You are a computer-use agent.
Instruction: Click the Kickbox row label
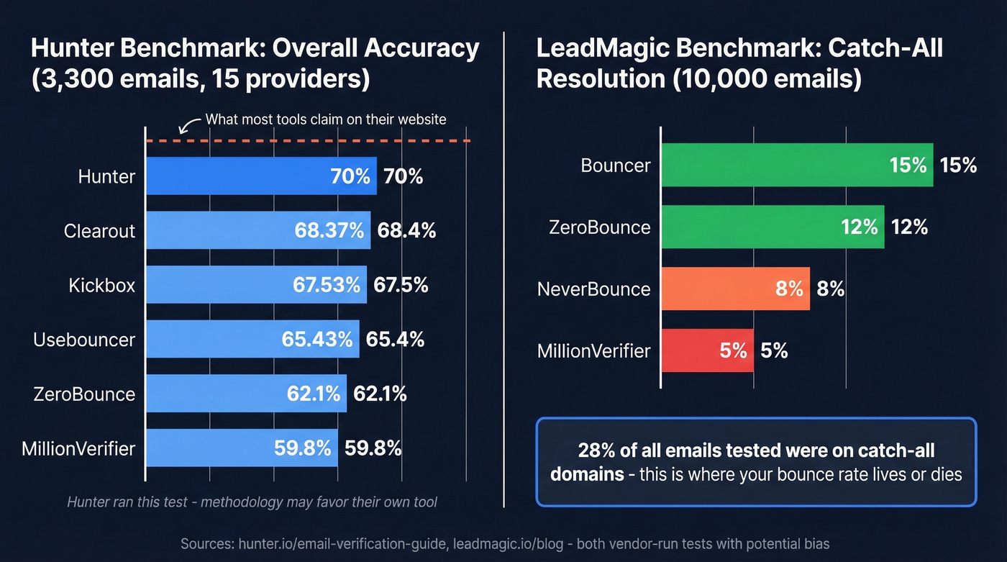click(x=101, y=285)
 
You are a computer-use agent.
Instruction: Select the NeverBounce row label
click(x=593, y=289)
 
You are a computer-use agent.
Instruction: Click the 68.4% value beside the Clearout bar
click(x=406, y=230)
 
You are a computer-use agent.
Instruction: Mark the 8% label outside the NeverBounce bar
click(x=830, y=289)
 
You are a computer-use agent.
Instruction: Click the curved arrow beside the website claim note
click(x=189, y=125)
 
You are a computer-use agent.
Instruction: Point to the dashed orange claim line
click(x=324, y=141)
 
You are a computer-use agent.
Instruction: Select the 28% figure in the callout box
click(x=595, y=450)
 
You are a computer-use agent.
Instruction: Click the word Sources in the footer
click(x=206, y=544)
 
